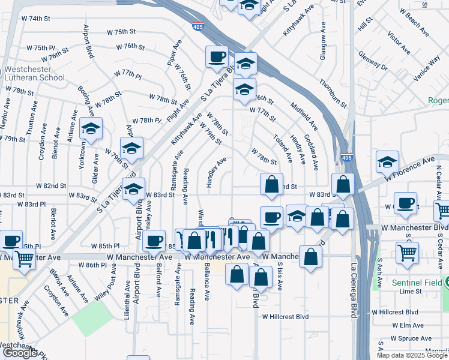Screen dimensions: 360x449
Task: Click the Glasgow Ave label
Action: point(324,41)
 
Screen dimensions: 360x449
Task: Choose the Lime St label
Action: point(411,291)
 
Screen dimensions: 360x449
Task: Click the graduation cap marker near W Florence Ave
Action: point(388,161)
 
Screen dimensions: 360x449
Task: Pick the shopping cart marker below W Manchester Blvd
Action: point(408,253)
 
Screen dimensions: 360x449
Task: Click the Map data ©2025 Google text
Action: point(411,355)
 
